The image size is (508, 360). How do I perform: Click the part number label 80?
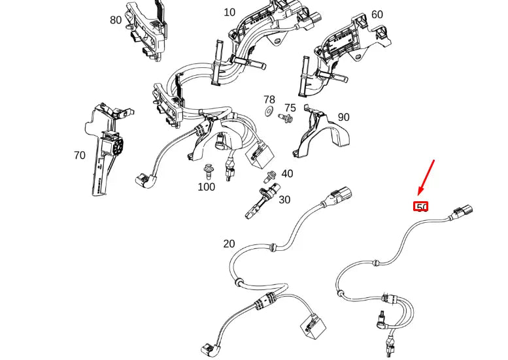116,20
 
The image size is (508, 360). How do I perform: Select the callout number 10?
229,12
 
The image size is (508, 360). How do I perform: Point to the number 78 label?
269,99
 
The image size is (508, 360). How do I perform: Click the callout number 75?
290,108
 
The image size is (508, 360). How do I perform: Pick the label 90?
343,118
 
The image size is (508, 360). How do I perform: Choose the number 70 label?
79,155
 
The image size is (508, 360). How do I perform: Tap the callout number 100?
206,187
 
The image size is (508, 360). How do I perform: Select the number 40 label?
287,174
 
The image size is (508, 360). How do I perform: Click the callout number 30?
284,199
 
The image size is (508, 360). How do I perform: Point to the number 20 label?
229,244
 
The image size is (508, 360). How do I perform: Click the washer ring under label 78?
269,112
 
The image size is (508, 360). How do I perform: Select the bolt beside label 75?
286,119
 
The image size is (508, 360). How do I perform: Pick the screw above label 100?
209,170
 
